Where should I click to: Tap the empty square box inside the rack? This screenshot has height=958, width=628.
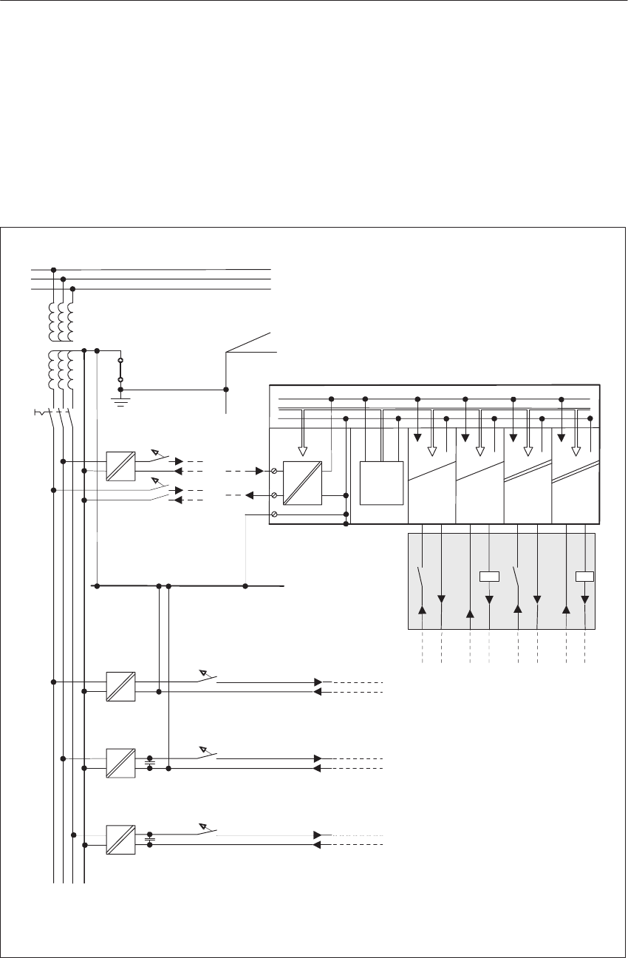coord(381,482)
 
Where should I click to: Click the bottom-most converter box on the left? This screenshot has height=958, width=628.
coord(120,840)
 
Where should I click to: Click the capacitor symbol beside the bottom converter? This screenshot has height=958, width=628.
coord(150,840)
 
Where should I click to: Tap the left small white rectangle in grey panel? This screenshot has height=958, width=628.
coord(489,577)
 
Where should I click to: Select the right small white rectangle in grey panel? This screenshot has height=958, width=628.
coord(585,577)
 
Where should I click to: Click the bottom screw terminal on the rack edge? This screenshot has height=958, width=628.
coord(274,514)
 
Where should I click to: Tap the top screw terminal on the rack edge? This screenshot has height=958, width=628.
coord(274,471)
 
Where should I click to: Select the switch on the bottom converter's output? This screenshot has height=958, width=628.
coord(208,829)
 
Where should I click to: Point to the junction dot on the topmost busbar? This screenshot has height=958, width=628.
coord(53,270)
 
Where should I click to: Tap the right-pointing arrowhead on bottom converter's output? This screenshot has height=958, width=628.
coord(318,835)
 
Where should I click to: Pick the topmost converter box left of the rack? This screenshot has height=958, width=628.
coord(120,466)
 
